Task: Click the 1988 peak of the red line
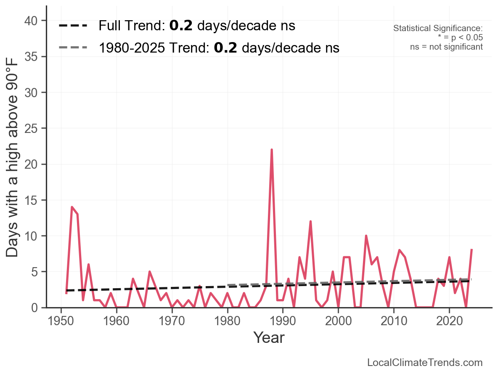click(x=272, y=150)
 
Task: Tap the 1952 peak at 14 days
click(x=72, y=207)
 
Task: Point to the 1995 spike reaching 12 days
click(x=310, y=221)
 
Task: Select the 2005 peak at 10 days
click(x=366, y=236)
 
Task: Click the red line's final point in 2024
click(x=472, y=250)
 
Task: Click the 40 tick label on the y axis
click(x=33, y=21)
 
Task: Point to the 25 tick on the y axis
click(x=33, y=128)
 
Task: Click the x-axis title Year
click(x=269, y=338)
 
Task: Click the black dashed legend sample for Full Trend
click(x=73, y=26)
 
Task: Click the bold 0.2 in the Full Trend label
click(x=181, y=26)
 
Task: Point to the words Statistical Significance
click(x=438, y=28)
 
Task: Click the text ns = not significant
click(x=446, y=47)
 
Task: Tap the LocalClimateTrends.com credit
click(x=425, y=363)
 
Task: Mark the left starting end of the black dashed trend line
click(x=66, y=290)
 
